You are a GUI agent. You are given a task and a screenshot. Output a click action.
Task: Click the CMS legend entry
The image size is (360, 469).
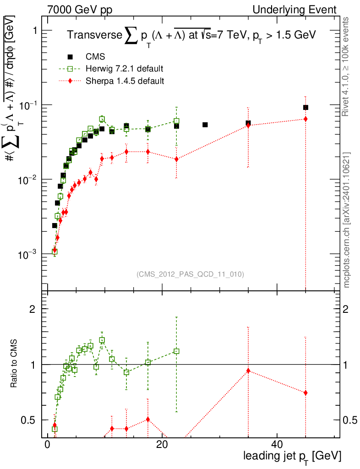86,56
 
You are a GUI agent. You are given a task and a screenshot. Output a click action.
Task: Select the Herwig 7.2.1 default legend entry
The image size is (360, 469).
111,69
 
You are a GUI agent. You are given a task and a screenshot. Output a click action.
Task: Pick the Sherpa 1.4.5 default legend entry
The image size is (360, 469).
111,81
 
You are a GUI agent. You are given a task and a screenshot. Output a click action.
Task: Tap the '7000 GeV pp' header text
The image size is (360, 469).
80,10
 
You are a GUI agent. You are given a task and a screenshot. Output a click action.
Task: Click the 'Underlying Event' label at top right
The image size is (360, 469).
295,10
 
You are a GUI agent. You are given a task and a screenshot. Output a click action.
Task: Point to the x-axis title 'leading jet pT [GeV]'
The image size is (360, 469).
292,457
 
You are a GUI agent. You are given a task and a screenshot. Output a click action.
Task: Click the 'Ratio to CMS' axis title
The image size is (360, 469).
14,363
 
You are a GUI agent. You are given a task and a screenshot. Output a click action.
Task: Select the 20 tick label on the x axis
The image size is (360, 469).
162,444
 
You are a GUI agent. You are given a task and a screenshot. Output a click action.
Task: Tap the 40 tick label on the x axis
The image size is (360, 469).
277,444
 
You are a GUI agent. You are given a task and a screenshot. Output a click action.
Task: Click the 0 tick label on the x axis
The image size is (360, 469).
47,444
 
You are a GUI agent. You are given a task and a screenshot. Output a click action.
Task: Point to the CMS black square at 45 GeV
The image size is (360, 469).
305,107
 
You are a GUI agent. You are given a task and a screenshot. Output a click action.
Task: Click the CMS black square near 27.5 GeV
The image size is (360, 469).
205,125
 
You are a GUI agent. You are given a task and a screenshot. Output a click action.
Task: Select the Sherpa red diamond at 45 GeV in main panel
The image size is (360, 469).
305,119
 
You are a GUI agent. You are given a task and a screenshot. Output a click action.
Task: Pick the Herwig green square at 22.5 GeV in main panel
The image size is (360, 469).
176,121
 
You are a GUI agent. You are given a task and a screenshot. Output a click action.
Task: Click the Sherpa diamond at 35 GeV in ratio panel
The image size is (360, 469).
248,371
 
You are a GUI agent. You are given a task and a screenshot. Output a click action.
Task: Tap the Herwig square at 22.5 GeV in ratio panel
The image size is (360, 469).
176,351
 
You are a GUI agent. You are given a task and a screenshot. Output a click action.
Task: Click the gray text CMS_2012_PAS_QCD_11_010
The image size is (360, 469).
190,274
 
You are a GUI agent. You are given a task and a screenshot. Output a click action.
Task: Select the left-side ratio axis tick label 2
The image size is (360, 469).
33,309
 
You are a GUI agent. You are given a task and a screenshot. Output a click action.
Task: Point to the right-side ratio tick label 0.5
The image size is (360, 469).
349,420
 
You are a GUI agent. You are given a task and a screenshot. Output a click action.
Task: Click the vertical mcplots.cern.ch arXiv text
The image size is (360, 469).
346,220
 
